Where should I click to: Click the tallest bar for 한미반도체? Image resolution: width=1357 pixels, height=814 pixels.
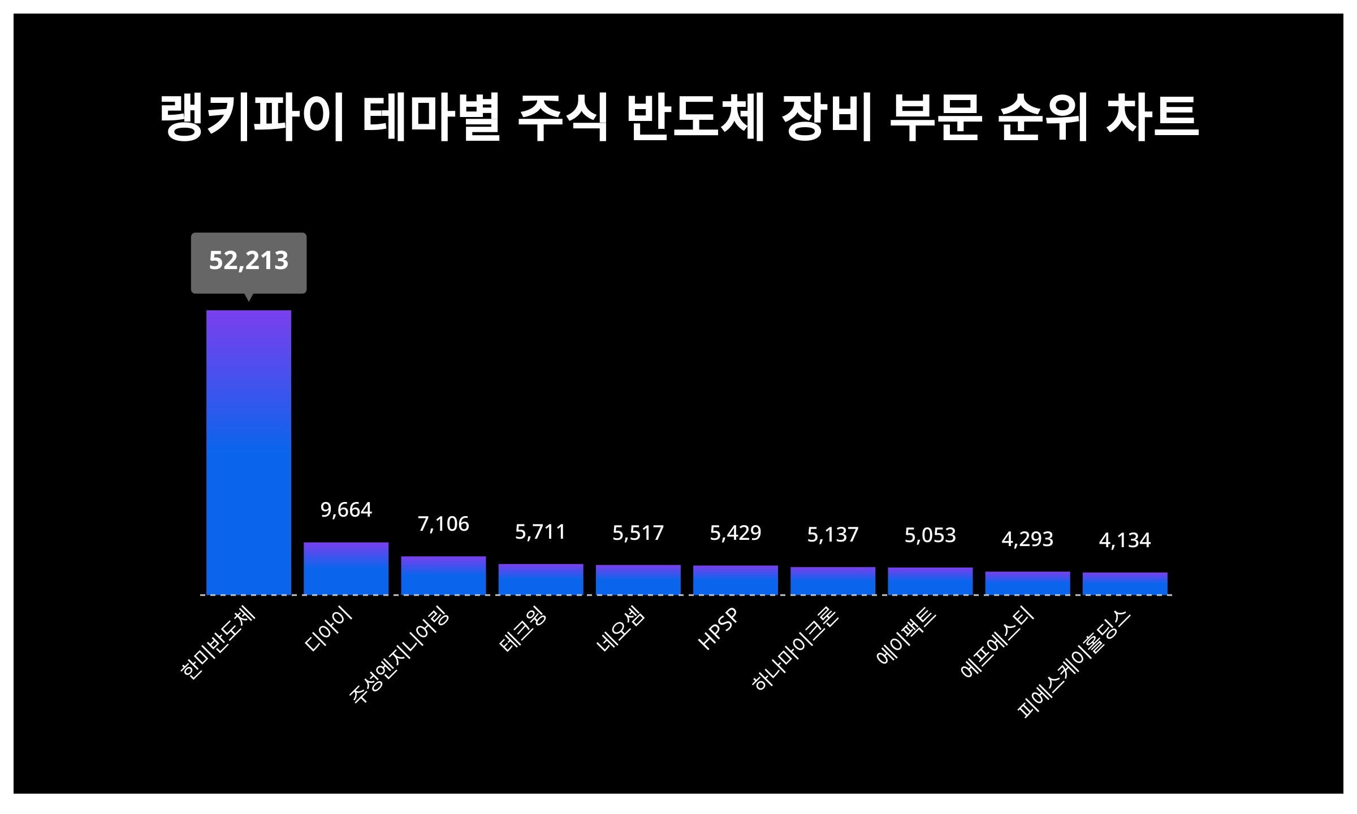[x=249, y=452]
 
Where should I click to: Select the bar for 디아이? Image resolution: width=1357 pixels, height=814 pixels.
[x=346, y=568]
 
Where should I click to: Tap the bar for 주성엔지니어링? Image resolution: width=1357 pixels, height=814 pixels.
[x=443, y=575]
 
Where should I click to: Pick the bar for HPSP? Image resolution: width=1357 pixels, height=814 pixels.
[x=736, y=580]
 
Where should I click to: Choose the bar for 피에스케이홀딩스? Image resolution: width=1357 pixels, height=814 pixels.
[x=1125, y=583]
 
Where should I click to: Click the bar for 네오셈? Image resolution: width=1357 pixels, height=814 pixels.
[x=638, y=579]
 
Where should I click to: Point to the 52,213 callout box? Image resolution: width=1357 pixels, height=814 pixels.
[x=249, y=262]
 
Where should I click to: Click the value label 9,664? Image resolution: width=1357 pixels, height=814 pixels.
[x=346, y=510]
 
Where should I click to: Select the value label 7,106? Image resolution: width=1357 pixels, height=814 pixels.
[x=443, y=524]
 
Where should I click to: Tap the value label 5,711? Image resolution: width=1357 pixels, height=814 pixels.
[x=541, y=532]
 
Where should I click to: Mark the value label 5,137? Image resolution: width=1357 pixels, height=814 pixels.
[x=833, y=535]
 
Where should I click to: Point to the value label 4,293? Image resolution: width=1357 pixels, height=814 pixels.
[x=1027, y=539]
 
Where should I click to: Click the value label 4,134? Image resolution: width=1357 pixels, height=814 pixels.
[x=1125, y=540]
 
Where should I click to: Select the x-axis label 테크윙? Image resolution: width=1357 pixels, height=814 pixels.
[x=524, y=629]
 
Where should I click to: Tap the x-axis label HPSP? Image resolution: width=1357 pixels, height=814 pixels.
[x=719, y=629]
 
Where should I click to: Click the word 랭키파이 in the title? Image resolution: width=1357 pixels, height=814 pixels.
[x=252, y=118]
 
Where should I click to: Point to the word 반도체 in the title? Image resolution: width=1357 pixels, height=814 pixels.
[x=696, y=118]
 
